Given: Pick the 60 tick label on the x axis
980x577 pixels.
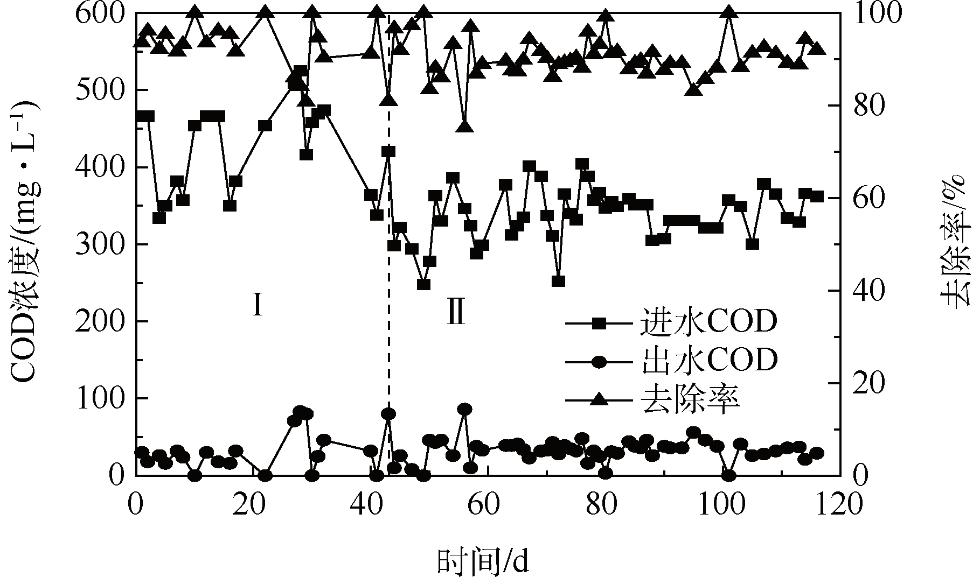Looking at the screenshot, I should [487, 505].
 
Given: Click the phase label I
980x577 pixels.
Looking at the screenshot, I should [258, 306].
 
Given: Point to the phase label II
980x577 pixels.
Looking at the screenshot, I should [456, 314].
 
